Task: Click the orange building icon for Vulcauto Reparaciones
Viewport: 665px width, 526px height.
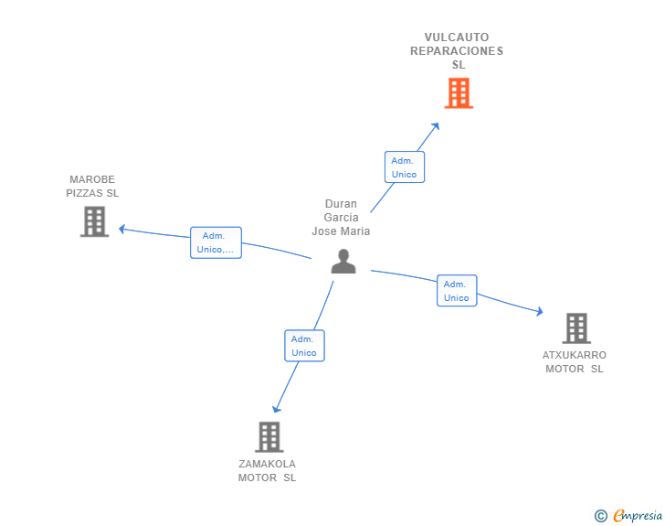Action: tap(459, 92)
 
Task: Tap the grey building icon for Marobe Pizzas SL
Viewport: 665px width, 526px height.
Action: tap(94, 221)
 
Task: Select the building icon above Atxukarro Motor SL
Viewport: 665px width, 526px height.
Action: tap(575, 327)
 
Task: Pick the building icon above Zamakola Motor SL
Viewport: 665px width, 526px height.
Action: tap(269, 436)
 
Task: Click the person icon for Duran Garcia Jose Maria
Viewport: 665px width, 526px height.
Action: tap(343, 262)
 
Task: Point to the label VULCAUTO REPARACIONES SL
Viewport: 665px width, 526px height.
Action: tap(457, 51)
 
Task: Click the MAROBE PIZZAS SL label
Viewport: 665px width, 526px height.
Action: tap(92, 187)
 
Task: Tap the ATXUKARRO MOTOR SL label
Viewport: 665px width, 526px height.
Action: tap(575, 362)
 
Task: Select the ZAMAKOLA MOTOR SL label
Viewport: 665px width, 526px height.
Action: tap(268, 470)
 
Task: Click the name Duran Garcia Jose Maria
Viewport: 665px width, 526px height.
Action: tap(341, 218)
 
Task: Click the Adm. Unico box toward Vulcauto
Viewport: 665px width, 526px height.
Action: tap(404, 167)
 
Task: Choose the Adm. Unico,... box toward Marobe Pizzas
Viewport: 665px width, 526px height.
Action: tap(216, 242)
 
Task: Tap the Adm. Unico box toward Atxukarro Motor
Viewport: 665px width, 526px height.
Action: tap(456, 291)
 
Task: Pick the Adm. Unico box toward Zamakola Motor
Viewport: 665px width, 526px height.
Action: tap(304, 346)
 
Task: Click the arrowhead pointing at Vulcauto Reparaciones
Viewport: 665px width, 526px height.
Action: tap(436, 125)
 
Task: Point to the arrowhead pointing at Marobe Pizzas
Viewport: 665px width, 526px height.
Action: tap(122, 229)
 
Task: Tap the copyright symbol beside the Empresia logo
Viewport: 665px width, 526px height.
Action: tap(600, 516)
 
